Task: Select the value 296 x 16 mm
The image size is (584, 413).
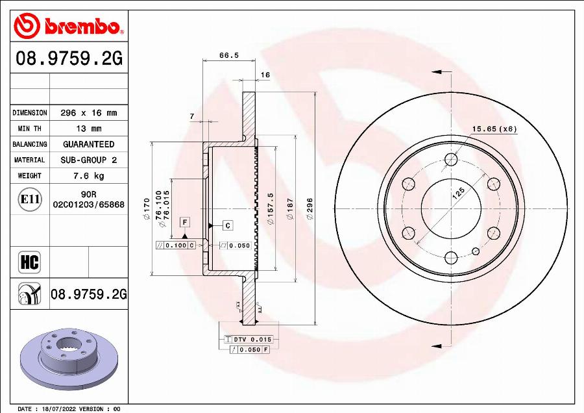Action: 88,113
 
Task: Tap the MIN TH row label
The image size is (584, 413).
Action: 30,129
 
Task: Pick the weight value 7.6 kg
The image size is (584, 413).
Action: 88,176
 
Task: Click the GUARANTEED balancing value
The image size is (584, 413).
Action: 88,144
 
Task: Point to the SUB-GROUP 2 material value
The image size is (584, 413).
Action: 88,160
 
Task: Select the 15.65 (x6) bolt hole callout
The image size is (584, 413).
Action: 494,129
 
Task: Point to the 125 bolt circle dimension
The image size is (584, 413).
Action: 459,193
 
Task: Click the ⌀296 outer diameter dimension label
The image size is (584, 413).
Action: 310,208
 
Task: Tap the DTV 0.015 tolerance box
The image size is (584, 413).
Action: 248,340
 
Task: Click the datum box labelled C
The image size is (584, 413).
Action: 228,225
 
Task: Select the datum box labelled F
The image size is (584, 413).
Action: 184,222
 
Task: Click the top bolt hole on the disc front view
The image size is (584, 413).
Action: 452,160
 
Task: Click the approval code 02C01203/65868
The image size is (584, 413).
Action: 88,204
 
